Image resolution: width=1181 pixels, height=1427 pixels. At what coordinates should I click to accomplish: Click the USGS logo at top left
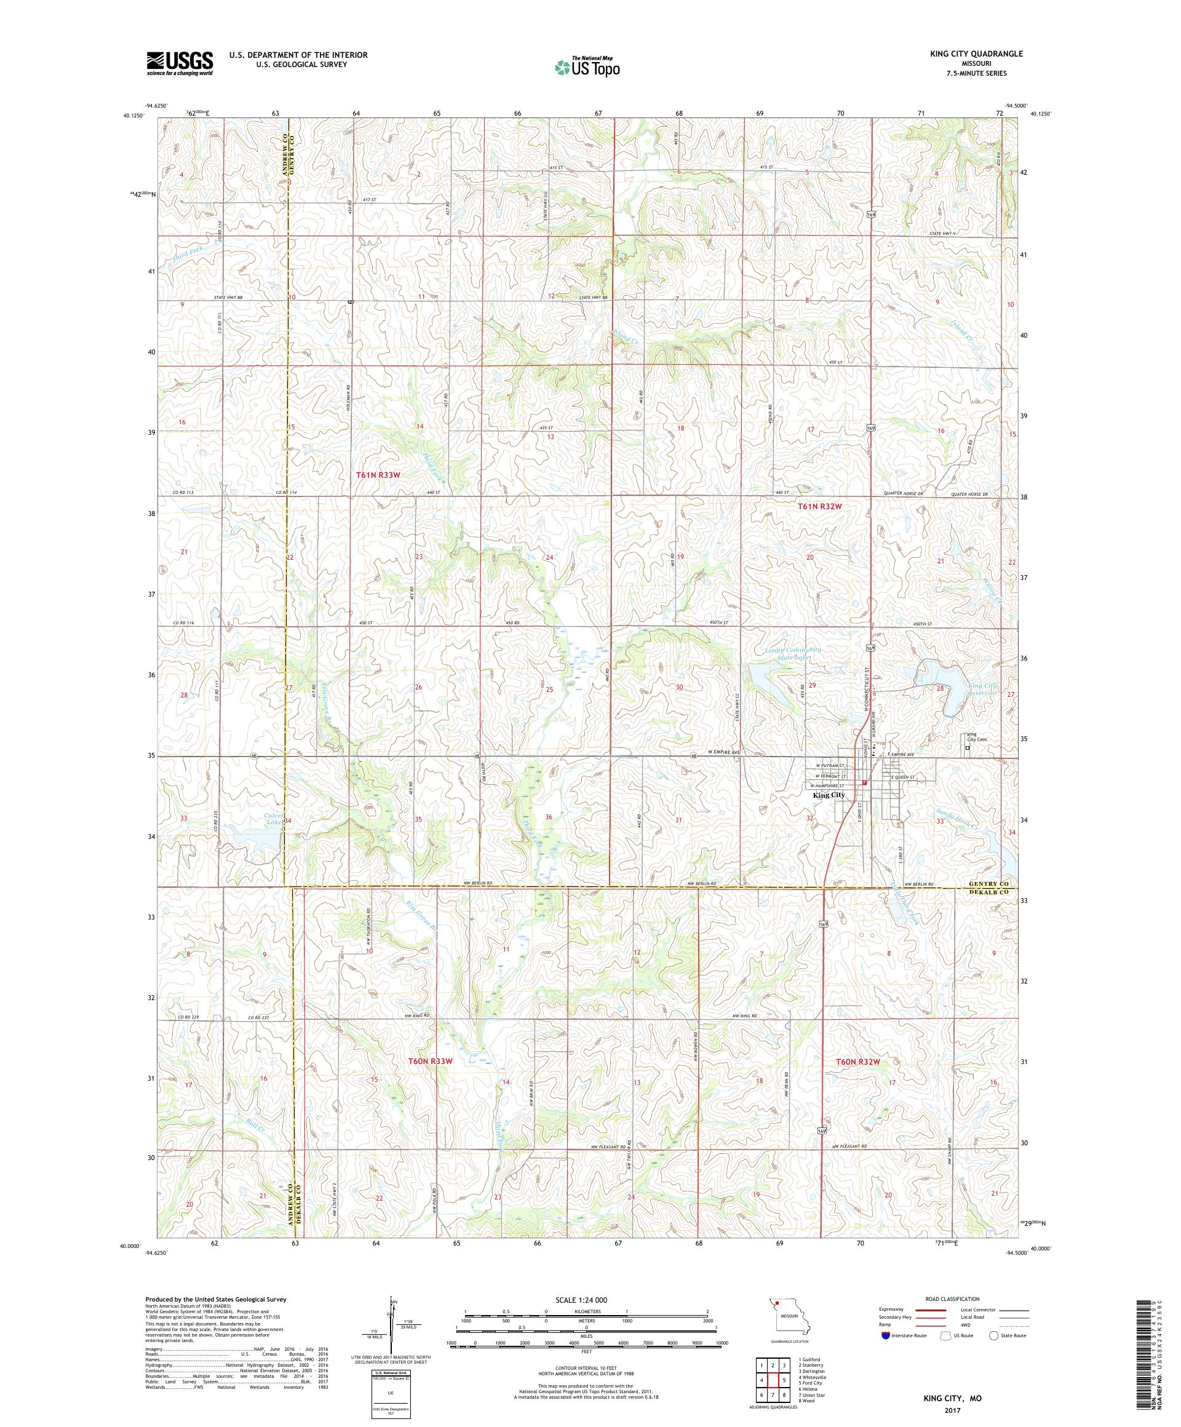coord(180,64)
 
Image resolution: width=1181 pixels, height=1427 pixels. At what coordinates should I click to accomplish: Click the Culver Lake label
coord(266,817)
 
